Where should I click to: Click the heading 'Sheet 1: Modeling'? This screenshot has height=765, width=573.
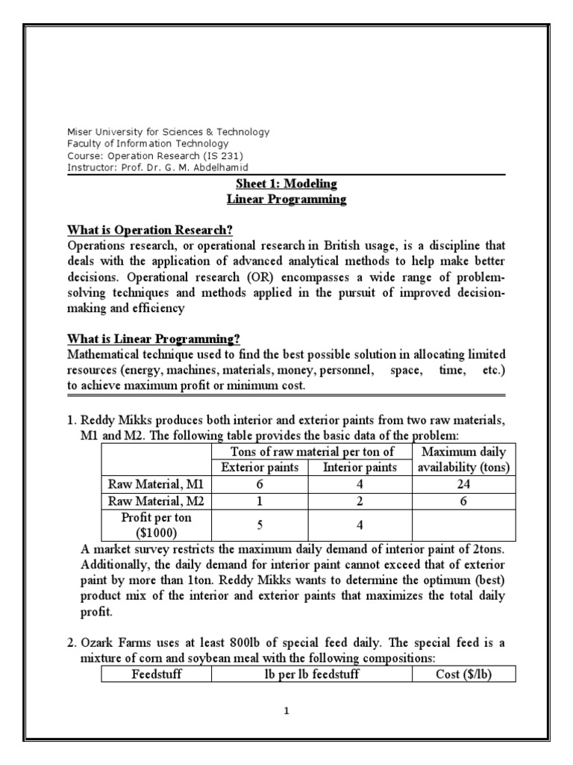287,184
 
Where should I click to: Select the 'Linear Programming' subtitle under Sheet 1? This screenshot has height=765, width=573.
287,199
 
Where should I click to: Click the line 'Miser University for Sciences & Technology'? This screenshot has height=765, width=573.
168,132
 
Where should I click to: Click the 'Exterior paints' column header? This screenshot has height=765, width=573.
260,468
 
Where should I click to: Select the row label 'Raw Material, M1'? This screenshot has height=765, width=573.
154,483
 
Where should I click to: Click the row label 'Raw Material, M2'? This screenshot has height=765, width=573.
154,500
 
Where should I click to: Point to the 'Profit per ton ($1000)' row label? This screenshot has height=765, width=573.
154,524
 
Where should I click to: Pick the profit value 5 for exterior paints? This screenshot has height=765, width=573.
260,524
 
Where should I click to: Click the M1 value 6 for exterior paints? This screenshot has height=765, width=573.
260,483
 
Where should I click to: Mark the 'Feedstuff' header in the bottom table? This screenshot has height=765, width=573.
156,674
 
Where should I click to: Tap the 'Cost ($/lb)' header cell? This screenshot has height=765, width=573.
457,674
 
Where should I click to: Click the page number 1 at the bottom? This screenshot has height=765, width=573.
286,711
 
